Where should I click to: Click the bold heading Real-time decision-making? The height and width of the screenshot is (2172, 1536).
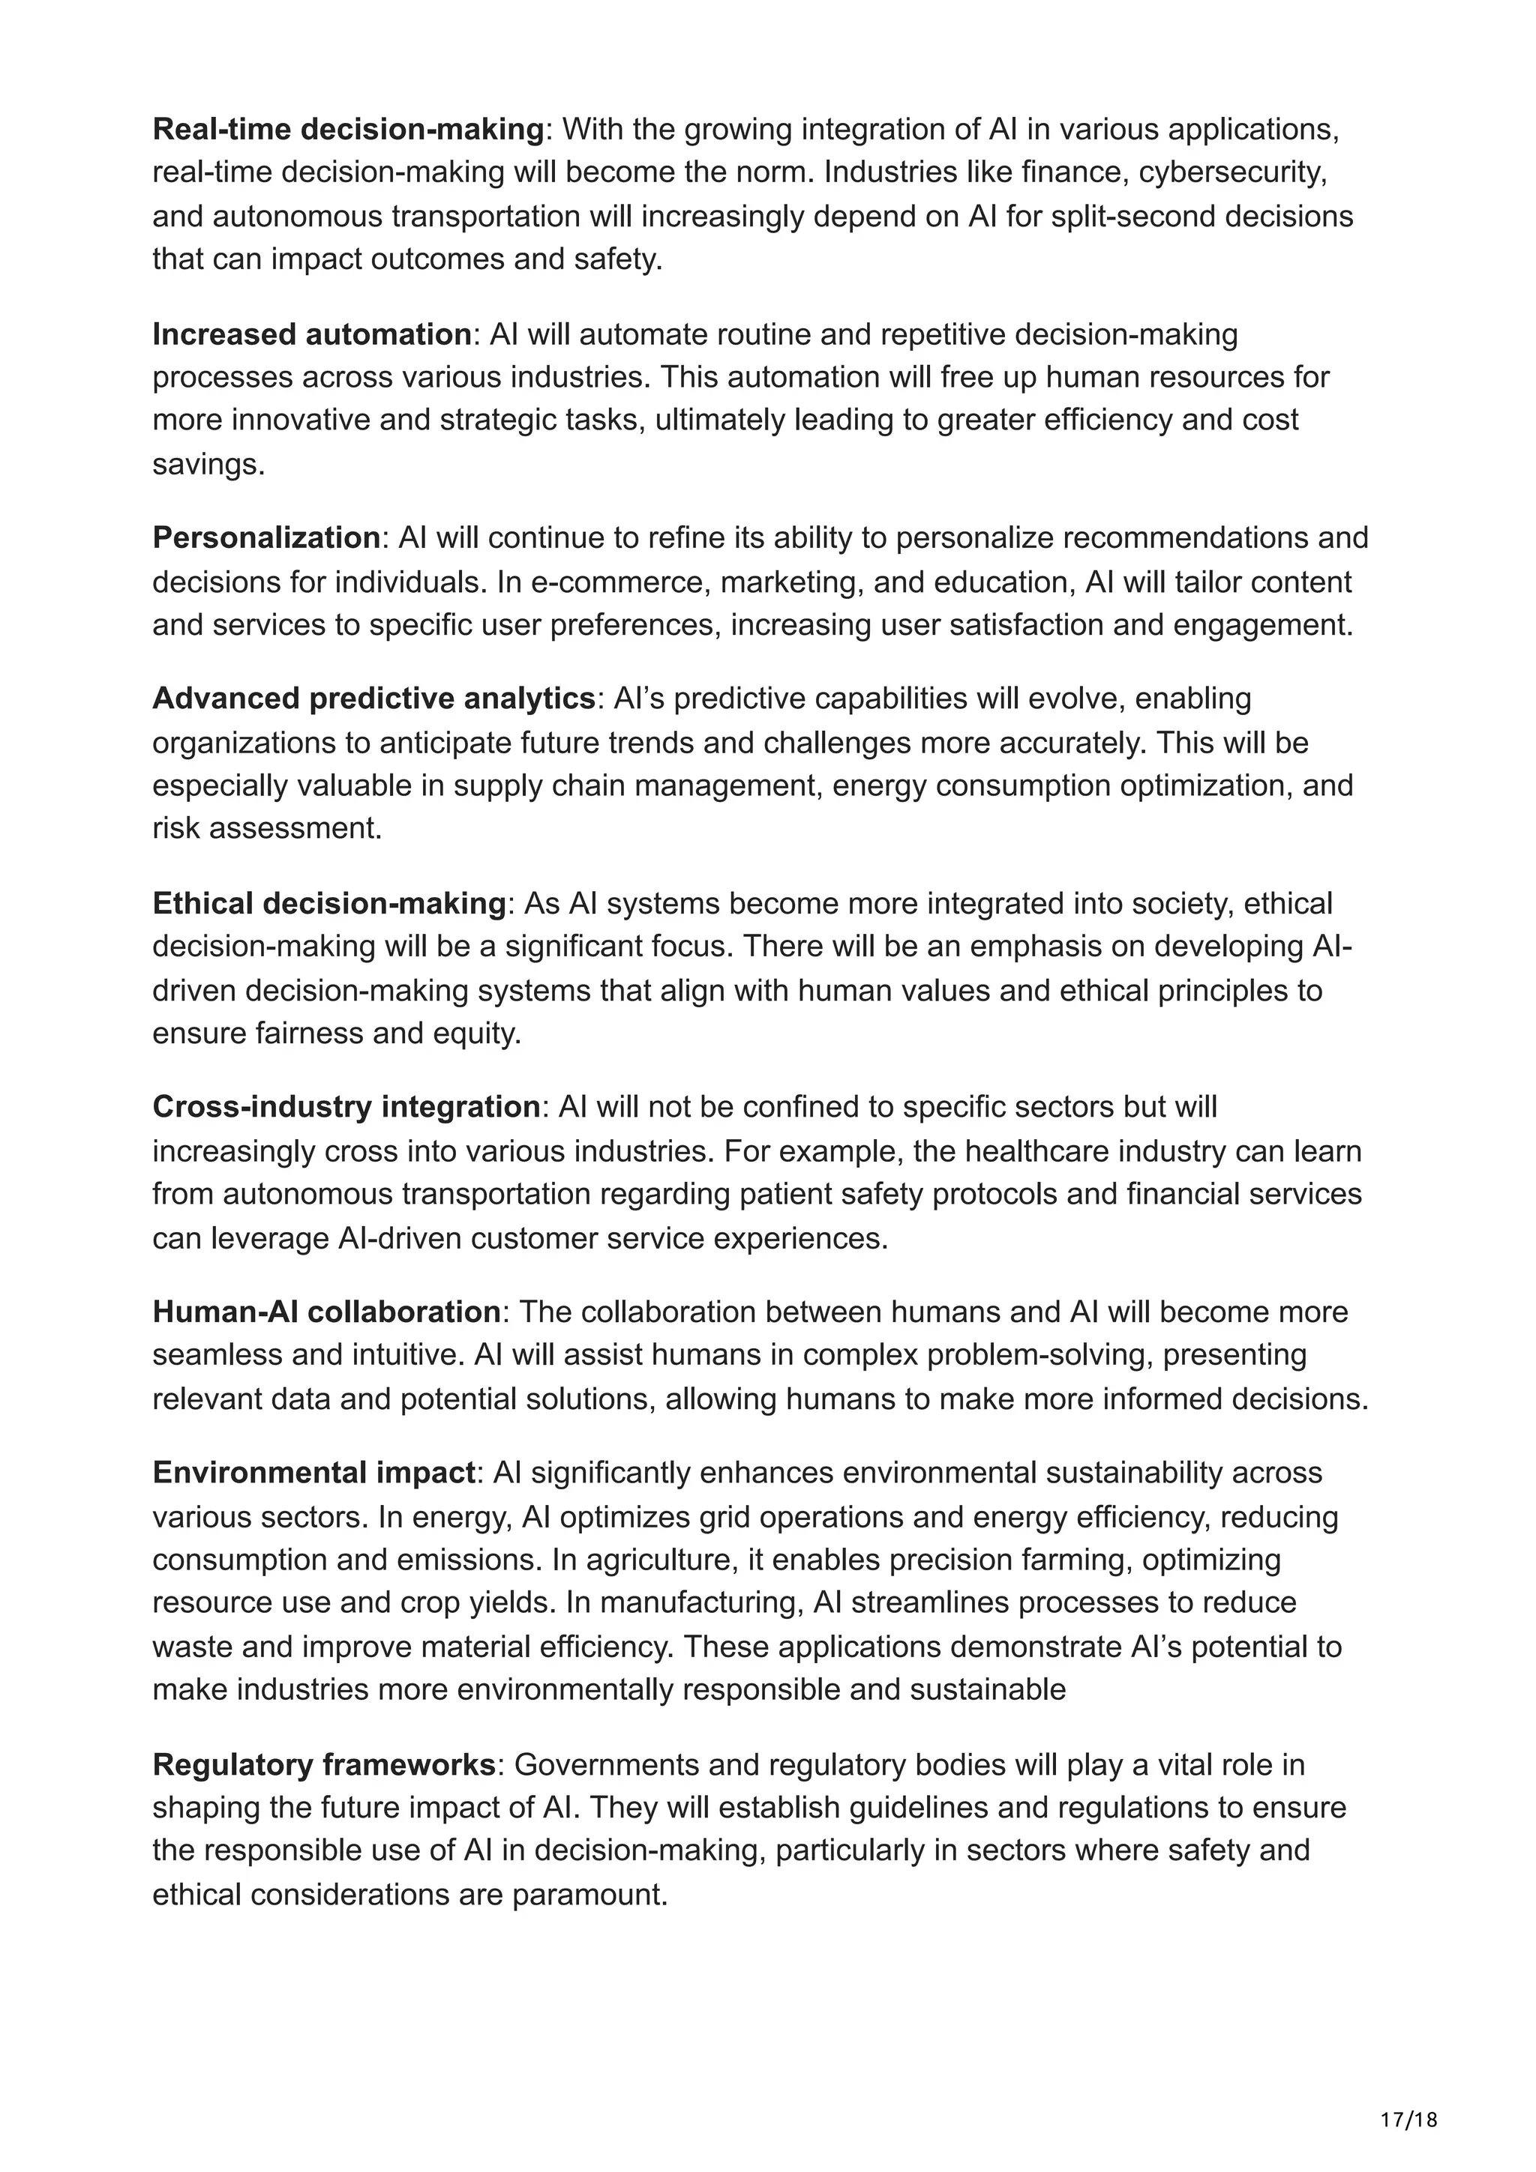348,130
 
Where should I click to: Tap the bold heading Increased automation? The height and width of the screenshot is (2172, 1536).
311,334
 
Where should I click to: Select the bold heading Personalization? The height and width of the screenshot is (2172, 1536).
266,537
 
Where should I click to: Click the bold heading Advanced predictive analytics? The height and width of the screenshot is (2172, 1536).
373,699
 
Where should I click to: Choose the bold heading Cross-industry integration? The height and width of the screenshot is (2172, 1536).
346,1106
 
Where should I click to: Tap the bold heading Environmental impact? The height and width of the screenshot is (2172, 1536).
313,1472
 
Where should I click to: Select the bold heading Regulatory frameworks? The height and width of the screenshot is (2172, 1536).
324,1764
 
